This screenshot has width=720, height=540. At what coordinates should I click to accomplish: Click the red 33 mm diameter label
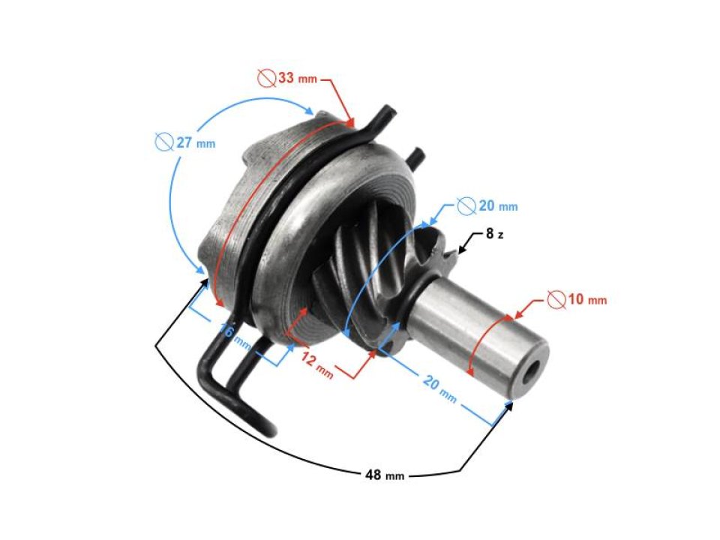coord(286,77)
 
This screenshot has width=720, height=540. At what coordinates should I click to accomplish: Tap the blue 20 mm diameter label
coord(487,205)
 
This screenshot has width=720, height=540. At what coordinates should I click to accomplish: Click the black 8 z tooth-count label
coord(494,234)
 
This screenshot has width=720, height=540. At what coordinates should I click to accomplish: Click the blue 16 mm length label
coord(235,335)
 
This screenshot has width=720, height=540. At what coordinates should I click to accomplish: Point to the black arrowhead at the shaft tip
coord(511,404)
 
